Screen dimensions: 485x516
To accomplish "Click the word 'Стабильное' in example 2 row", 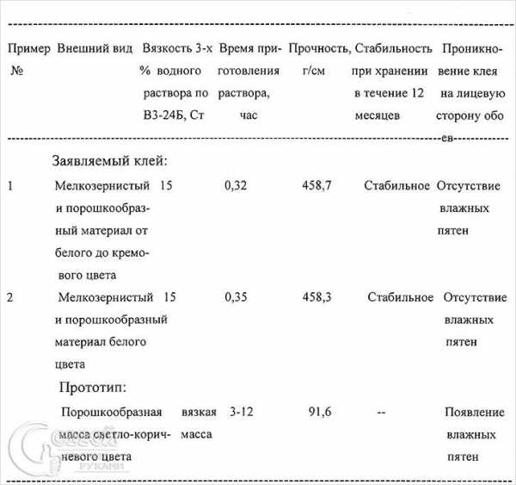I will pos(400,297).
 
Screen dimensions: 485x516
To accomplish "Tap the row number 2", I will pos(10,297).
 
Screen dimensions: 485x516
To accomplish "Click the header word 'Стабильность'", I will pos(392,48).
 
